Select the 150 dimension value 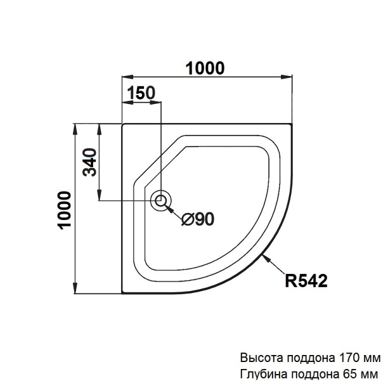pos(141,93)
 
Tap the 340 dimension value pos(89,163)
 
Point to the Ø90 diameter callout pos(198,219)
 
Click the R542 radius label pos(306,281)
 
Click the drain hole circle pos(160,201)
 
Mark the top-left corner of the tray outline pos(122,125)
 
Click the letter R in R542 pos(290,281)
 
